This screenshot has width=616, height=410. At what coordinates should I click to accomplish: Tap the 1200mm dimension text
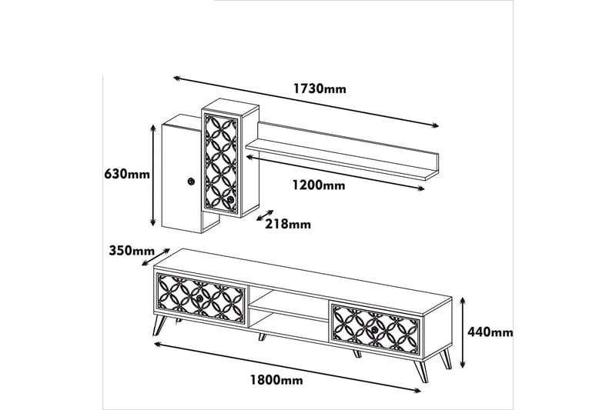pyautogui.click(x=318, y=185)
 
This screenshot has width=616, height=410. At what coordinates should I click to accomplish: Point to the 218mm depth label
pyautogui.click(x=287, y=224)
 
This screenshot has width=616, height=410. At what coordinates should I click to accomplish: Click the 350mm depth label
pyautogui.click(x=130, y=250)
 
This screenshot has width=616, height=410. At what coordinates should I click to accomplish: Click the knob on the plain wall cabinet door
pyautogui.click(x=189, y=181)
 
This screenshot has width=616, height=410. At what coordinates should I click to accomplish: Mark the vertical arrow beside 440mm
pyautogui.click(x=463, y=331)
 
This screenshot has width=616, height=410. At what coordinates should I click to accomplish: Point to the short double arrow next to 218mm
pyautogui.click(x=264, y=213)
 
